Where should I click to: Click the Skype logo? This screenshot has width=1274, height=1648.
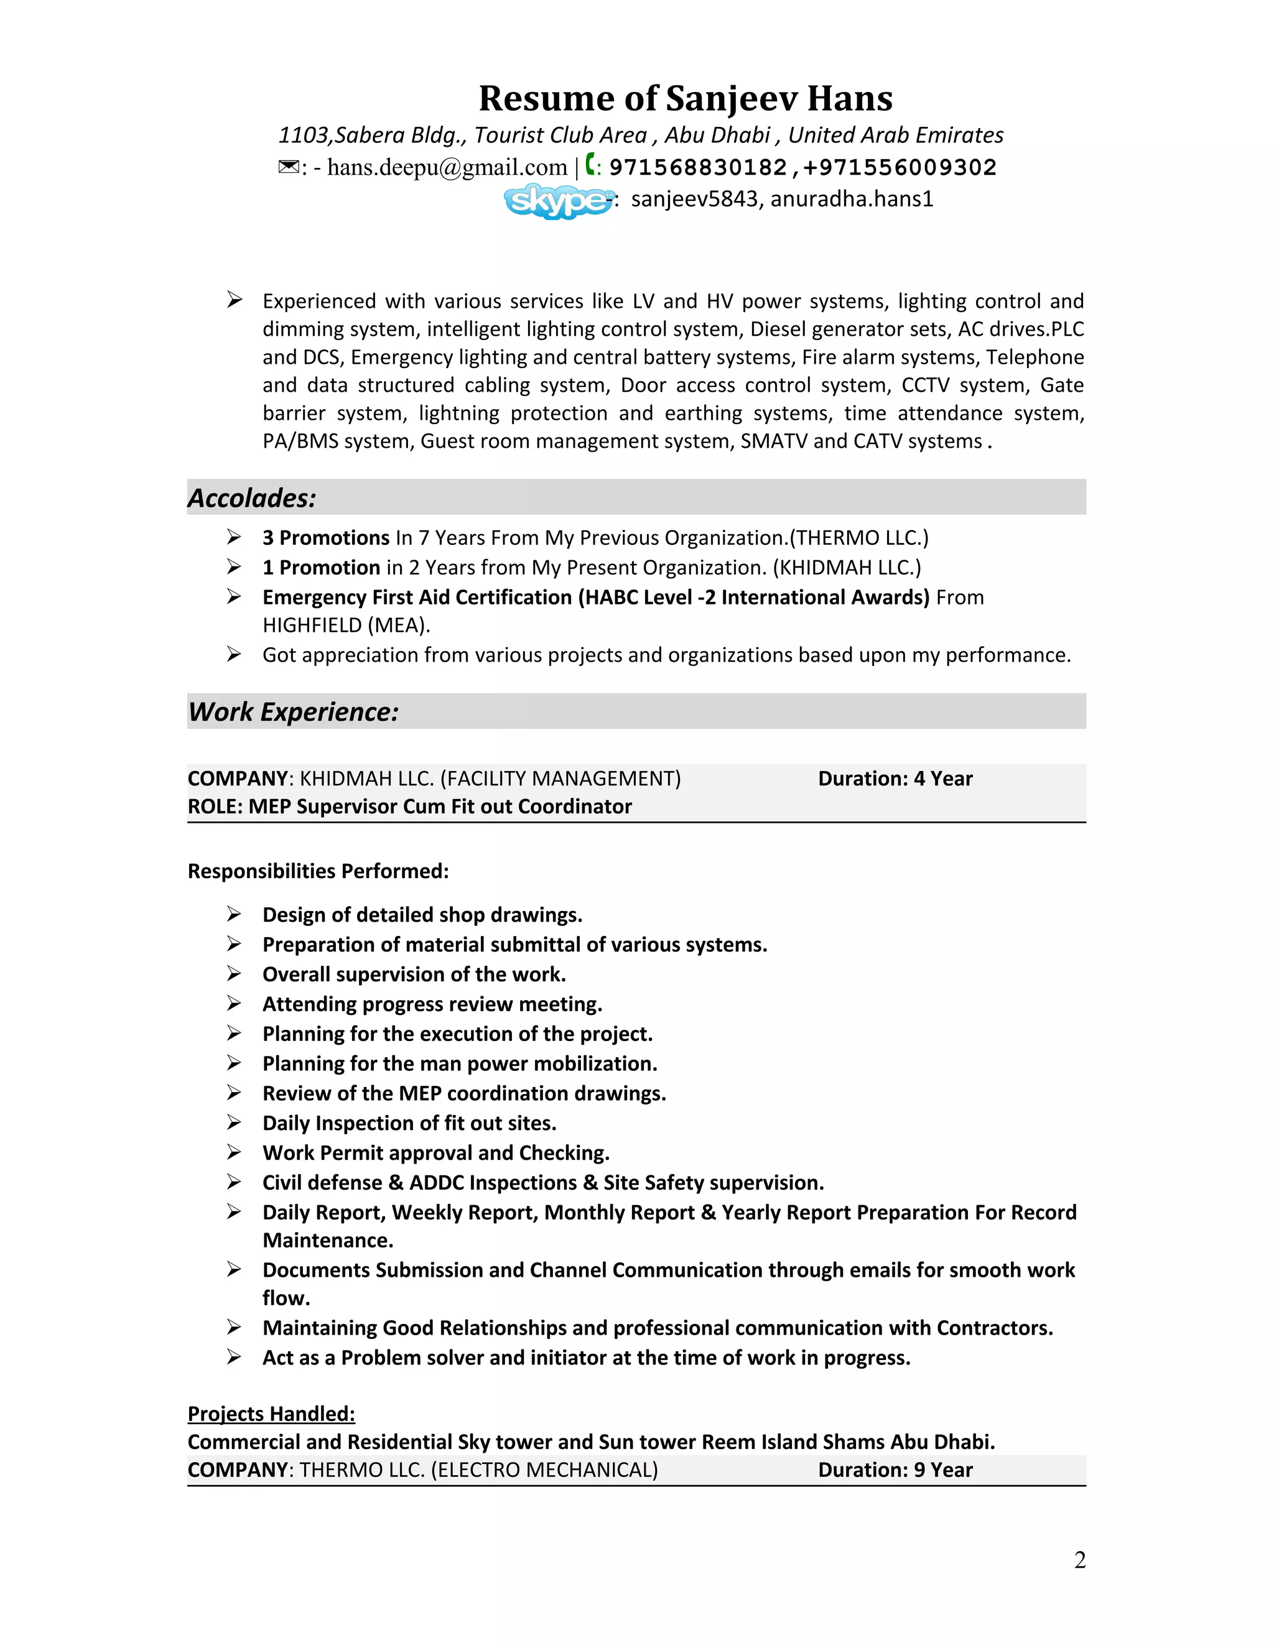tap(559, 201)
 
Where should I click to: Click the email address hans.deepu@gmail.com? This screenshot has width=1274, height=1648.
tap(447, 167)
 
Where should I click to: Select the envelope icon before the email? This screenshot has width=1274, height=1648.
tap(288, 167)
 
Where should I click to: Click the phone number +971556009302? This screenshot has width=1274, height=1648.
tap(900, 167)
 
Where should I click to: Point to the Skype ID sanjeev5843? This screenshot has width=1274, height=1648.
tap(694, 199)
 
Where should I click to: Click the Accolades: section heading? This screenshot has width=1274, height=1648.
tap(251, 498)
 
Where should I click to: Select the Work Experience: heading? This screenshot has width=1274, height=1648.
tap(293, 711)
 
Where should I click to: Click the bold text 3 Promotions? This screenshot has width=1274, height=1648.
tap(325, 538)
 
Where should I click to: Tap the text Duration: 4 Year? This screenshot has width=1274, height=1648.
tap(895, 779)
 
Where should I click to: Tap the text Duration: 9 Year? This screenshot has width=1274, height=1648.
tap(895, 1470)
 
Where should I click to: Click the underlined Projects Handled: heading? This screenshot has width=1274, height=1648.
tap(271, 1414)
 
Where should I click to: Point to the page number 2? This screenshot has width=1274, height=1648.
tap(1079, 1560)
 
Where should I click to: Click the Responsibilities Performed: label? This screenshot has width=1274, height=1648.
tap(318, 871)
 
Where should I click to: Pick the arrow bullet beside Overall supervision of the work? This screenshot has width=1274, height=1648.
tap(234, 974)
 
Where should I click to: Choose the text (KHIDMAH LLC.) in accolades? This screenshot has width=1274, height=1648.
tap(846, 567)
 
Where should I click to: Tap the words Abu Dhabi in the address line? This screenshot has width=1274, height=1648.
tap(717, 135)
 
